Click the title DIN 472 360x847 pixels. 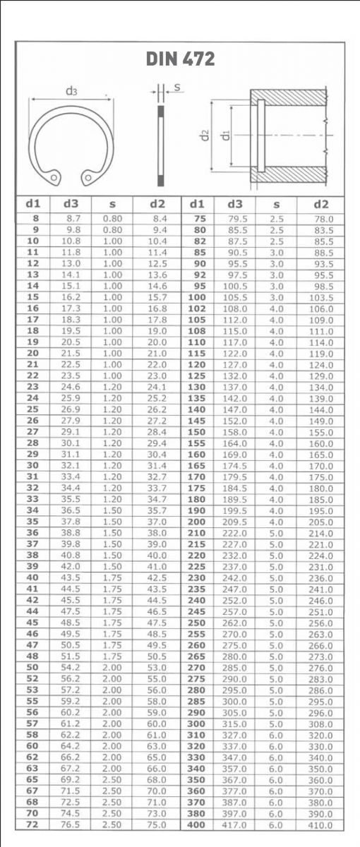180,59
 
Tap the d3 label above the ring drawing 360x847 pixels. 71,90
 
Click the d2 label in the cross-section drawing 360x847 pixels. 205,133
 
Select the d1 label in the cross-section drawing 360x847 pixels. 224,133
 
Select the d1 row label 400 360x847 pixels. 198,824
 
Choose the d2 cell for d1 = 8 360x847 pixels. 159,219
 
